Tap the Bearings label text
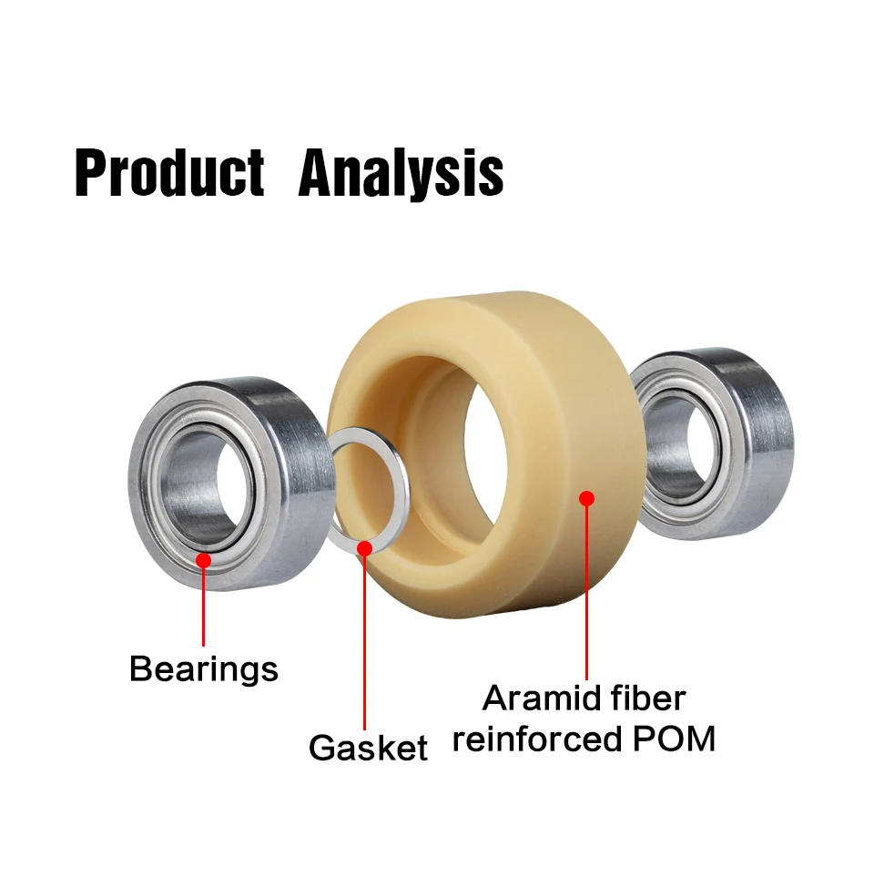(203, 669)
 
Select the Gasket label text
(368, 748)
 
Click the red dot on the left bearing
(203, 560)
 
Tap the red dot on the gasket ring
(365, 548)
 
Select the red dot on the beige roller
(586, 498)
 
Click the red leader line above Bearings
(203, 606)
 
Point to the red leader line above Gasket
(365, 637)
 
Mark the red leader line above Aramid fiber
(586, 592)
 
